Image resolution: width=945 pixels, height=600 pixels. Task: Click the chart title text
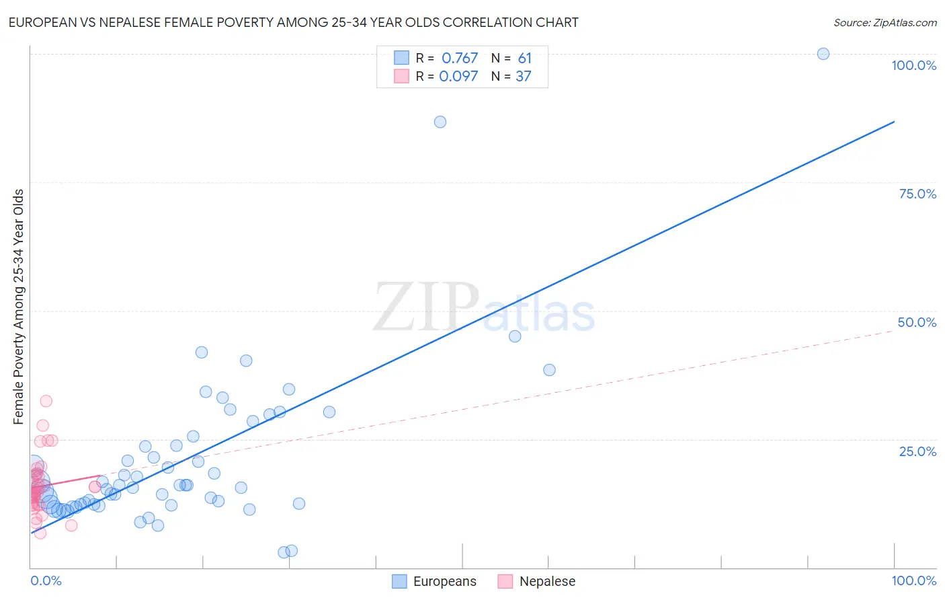(293, 22)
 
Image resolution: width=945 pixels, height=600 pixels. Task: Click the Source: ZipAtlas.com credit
(885, 22)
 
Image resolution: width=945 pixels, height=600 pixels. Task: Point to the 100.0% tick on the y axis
(913, 65)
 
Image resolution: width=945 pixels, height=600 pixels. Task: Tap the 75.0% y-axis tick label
(917, 194)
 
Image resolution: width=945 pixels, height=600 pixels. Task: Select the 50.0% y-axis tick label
(917, 322)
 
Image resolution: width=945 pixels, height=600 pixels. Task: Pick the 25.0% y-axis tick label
(917, 451)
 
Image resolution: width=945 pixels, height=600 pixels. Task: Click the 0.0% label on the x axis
(46, 580)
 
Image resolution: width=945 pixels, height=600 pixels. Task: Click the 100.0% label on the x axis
(913, 580)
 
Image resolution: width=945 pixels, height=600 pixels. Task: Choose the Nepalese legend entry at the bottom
(537, 581)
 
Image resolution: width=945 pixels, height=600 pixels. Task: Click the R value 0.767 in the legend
(459, 59)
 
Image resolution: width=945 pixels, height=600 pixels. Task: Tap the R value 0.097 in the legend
(458, 77)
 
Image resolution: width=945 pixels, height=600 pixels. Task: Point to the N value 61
(524, 59)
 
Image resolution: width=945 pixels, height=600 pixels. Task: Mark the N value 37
(523, 77)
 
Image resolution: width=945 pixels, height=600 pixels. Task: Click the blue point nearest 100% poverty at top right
(823, 54)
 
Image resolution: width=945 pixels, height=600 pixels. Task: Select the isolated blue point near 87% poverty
(440, 122)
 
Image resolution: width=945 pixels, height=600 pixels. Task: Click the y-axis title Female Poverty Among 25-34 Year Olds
(19, 307)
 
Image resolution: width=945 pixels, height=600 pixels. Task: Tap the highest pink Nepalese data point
(46, 401)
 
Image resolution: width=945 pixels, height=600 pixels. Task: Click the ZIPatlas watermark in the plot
(484, 308)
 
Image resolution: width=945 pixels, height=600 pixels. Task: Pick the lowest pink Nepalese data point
(40, 533)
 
